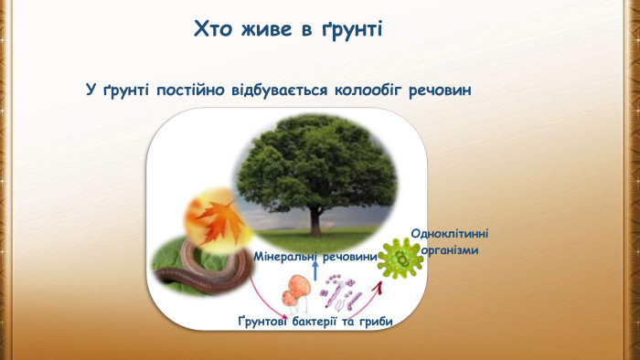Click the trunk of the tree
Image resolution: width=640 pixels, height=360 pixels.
[x=316, y=219]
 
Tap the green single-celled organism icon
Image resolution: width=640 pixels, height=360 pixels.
[x=400, y=258]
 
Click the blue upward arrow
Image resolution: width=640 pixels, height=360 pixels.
[x=315, y=270]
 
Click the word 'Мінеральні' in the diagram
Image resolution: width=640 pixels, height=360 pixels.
[x=284, y=257]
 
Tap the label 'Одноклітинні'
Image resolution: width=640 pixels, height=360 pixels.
[x=449, y=234]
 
